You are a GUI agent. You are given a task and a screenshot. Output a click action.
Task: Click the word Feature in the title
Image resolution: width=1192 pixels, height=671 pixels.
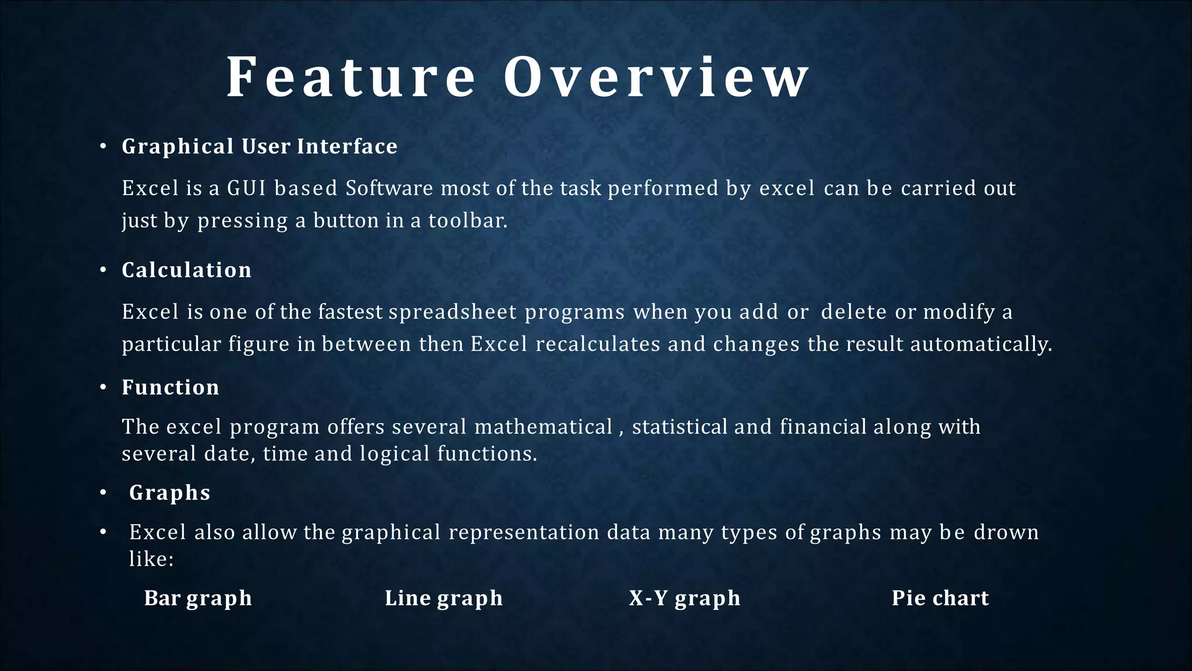[x=350, y=77]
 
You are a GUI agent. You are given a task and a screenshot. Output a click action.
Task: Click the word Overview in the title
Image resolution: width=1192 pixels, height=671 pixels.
[x=657, y=77]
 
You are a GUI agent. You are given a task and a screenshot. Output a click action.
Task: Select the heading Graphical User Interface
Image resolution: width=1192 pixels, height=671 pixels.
[x=260, y=146]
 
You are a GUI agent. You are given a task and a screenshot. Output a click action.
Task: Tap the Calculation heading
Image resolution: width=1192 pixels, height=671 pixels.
[x=187, y=270]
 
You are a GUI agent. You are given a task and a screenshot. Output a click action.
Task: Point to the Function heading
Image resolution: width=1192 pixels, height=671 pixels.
[x=171, y=388]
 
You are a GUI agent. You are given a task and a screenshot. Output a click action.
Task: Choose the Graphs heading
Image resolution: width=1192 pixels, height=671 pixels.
[x=169, y=493]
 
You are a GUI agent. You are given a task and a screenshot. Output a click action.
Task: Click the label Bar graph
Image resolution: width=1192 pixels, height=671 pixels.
[x=198, y=598]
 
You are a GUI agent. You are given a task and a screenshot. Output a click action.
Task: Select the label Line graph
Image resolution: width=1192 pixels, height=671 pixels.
[x=444, y=598]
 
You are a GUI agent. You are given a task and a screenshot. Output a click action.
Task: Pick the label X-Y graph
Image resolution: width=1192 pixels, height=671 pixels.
[x=684, y=598]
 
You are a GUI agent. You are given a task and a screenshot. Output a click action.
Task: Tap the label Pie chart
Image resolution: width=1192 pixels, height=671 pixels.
[x=940, y=598]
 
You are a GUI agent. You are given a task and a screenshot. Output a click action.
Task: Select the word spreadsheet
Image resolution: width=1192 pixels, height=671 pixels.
[x=453, y=312]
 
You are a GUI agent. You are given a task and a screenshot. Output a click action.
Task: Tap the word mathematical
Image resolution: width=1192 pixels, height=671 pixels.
[x=544, y=427]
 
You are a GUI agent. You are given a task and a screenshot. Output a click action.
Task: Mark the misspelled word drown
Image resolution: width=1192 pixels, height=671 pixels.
[x=1006, y=532]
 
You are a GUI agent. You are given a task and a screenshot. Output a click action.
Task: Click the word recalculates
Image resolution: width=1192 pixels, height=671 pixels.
[x=598, y=344]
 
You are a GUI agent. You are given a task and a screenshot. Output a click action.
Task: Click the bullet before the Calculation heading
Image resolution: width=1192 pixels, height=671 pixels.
[x=103, y=271]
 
